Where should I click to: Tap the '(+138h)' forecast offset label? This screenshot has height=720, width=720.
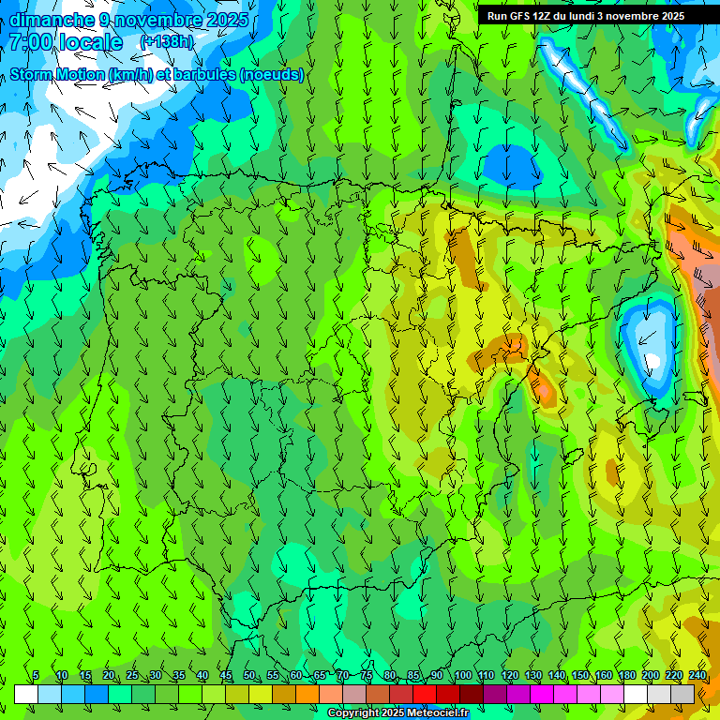coord(165,42)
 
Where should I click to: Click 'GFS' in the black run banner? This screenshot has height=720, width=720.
coord(519,16)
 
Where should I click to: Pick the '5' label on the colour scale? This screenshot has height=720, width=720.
coord(36,675)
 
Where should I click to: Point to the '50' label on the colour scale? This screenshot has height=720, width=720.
coord(249,675)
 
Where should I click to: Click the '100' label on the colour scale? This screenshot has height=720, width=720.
coord(462,675)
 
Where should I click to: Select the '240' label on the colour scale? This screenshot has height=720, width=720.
coord(697,675)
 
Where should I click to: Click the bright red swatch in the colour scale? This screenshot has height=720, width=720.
coord(425,694)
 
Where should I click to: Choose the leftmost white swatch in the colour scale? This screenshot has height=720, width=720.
coord(26,694)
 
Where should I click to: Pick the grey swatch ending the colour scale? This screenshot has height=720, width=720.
coord(682,694)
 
